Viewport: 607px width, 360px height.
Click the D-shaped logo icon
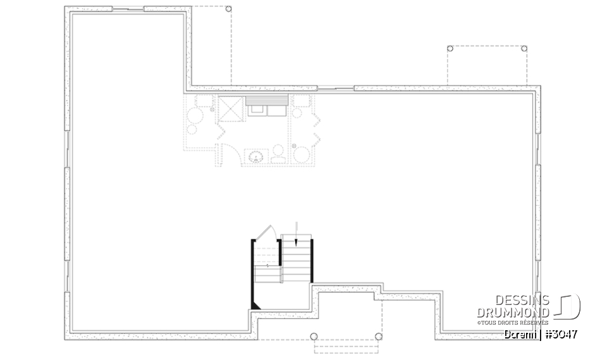[x=568, y=306]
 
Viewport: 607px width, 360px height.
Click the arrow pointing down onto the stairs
[x=297, y=234]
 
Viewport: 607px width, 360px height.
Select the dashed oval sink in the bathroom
[x=255, y=156]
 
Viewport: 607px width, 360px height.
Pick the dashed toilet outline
[x=278, y=154]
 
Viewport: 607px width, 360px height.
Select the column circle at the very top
[x=228, y=10]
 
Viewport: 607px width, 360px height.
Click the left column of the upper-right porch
[x=450, y=48]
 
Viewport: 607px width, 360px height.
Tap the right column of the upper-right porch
[x=525, y=48]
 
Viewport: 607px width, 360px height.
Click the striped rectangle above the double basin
[x=267, y=100]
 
